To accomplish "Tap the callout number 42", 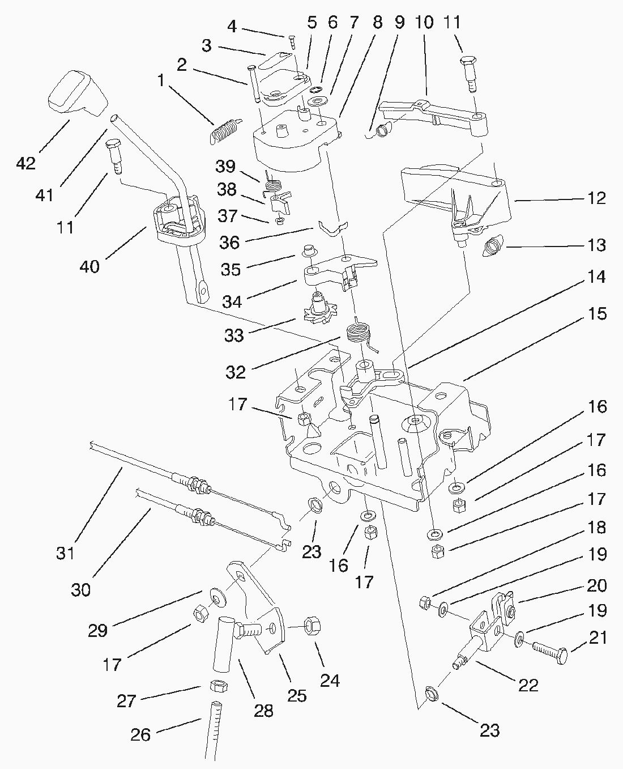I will click(26, 163).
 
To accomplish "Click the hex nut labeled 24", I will click(311, 626).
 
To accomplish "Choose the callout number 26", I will click(140, 734).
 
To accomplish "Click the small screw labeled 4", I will click(291, 42).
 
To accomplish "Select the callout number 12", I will click(596, 198).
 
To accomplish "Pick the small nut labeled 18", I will click(425, 602).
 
